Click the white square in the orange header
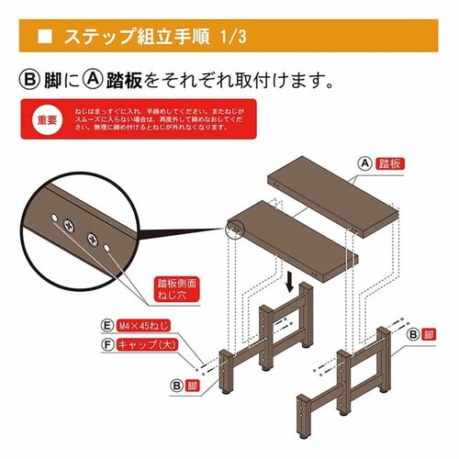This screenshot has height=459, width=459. (x=44, y=39)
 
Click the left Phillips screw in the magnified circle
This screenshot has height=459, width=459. (x=70, y=223)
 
